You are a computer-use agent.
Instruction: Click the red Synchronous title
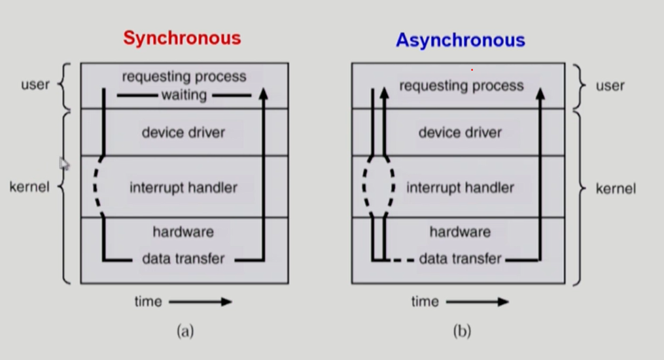tap(182, 38)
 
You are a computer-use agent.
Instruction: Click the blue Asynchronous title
tap(460, 40)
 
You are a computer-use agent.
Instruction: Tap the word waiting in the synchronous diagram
tap(184, 96)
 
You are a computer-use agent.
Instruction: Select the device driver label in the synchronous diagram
tap(183, 132)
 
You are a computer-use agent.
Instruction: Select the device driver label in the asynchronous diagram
tap(460, 132)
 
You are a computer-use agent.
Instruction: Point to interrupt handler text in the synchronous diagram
tap(183, 188)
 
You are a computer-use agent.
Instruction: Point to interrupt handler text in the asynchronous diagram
tap(460, 188)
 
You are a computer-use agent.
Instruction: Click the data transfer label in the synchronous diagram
tap(183, 259)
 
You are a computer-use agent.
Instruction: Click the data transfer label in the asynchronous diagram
tap(460, 259)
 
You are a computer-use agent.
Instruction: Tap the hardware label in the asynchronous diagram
tap(460, 232)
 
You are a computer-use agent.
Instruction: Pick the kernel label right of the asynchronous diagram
tap(616, 189)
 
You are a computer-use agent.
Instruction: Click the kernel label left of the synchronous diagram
tap(29, 188)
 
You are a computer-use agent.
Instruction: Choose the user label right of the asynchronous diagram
tap(610, 86)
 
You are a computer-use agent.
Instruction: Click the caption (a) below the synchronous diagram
tap(185, 331)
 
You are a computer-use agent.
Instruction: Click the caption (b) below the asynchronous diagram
tap(461, 331)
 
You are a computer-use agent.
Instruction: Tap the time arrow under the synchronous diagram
tap(200, 302)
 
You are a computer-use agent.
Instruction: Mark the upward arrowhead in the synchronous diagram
tap(264, 94)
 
